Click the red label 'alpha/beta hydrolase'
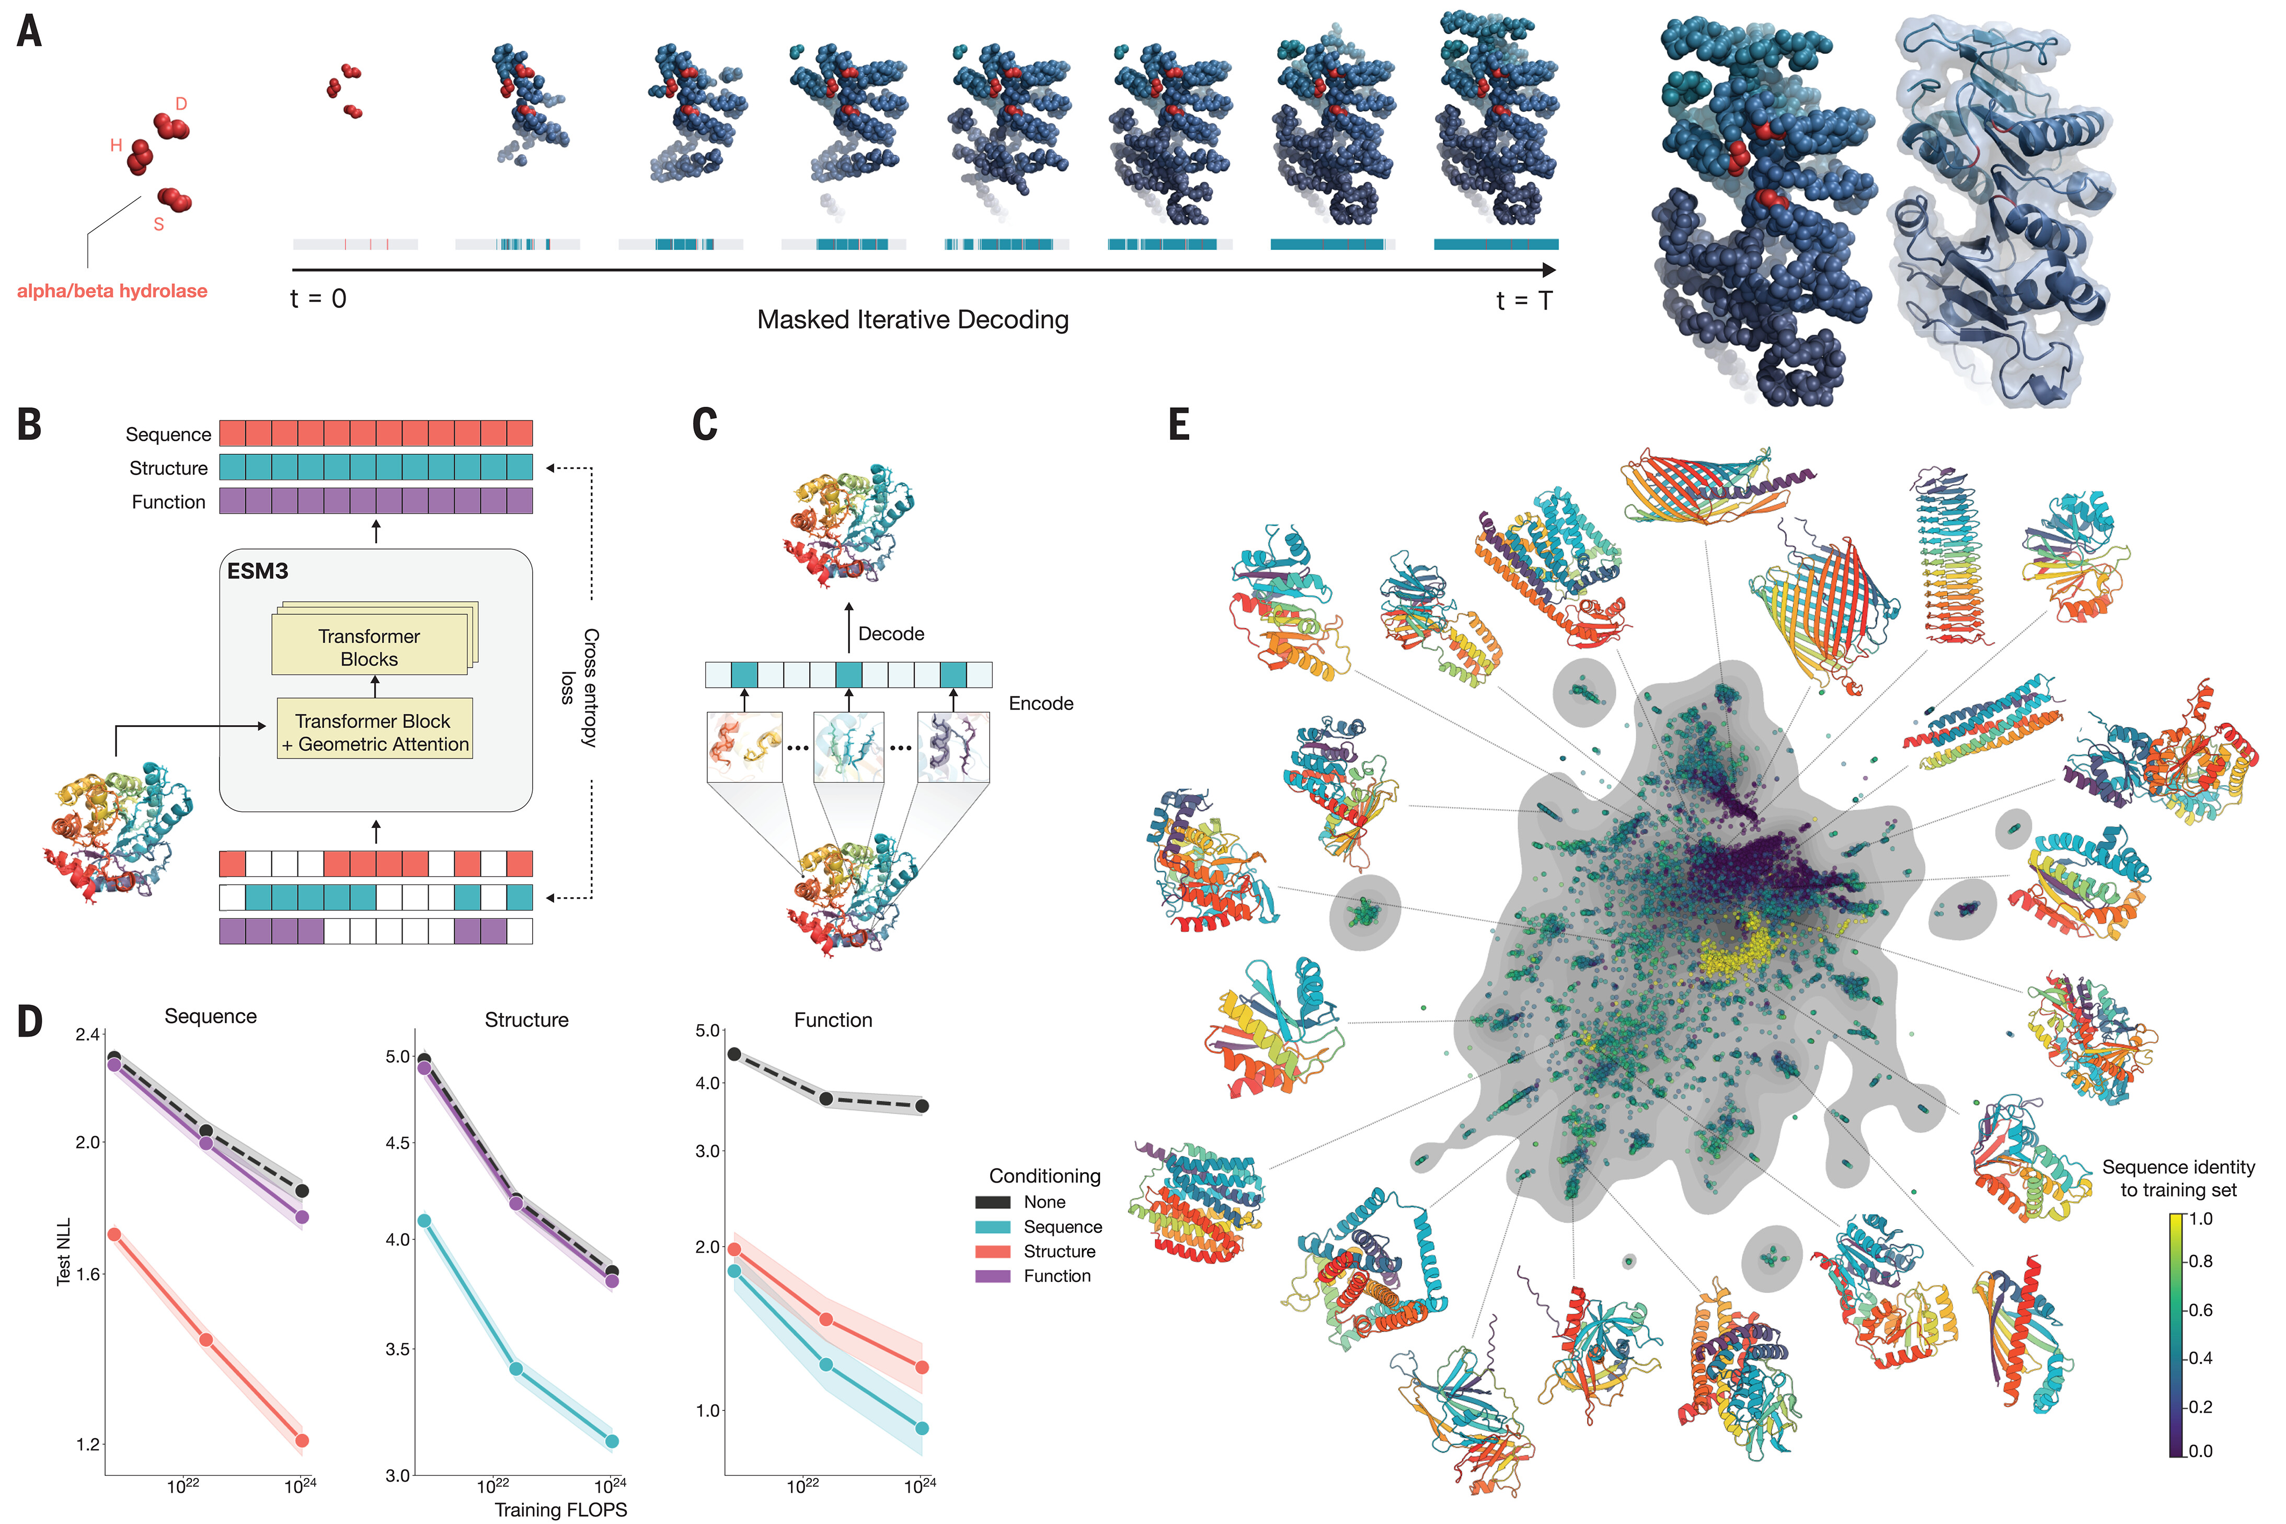pos(112,291)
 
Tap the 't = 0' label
pos(318,299)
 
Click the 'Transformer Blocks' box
pos(369,647)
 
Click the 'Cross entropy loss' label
pos(580,687)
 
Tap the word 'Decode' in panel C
pos(891,634)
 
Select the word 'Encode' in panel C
pos(1040,704)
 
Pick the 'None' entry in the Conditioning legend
pos(1044,1202)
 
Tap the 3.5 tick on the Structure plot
pos(398,1349)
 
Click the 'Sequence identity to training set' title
pos(2178,1178)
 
